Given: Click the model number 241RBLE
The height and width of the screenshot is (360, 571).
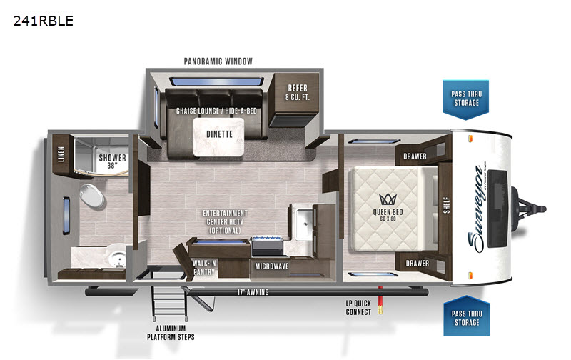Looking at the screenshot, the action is [x=44, y=21].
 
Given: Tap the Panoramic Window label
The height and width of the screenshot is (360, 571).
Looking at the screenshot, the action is [x=218, y=61].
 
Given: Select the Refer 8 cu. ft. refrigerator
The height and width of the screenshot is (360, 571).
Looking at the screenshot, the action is [x=297, y=99].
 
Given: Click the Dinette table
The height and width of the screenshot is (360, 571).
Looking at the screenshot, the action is [x=218, y=137].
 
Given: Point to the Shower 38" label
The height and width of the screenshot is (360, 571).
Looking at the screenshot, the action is [x=112, y=161].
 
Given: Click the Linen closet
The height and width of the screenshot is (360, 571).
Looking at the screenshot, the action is [x=61, y=154].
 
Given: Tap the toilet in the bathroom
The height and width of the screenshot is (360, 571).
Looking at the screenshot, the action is [x=91, y=196].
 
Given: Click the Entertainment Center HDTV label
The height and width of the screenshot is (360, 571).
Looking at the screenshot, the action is [x=225, y=221].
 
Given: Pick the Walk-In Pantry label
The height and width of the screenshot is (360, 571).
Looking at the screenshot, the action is [x=204, y=267].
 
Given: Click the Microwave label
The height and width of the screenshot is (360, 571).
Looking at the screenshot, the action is [x=272, y=266].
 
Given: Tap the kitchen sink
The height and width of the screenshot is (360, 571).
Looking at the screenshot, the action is [x=303, y=223].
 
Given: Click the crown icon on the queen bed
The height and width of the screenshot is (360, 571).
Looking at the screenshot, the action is [x=388, y=199].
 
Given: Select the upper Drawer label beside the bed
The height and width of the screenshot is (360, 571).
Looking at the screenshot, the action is [x=415, y=156].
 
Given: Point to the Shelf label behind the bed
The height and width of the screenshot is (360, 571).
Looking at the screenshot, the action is [x=447, y=205].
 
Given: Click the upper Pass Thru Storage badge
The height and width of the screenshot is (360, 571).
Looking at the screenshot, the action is [x=466, y=99].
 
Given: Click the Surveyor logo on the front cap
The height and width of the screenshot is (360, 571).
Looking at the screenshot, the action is [x=477, y=209].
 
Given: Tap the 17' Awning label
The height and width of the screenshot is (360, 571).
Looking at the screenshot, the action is [x=253, y=292].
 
